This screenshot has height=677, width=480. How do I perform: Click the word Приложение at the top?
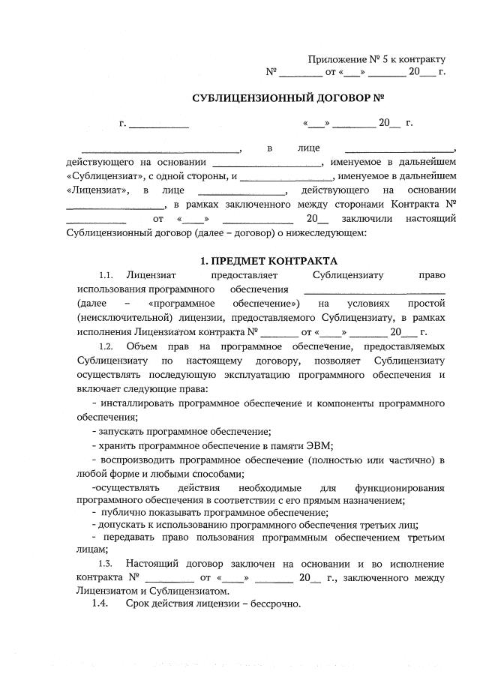pyautogui.click(x=335, y=59)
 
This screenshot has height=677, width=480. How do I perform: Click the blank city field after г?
pyautogui.click(x=159, y=122)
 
